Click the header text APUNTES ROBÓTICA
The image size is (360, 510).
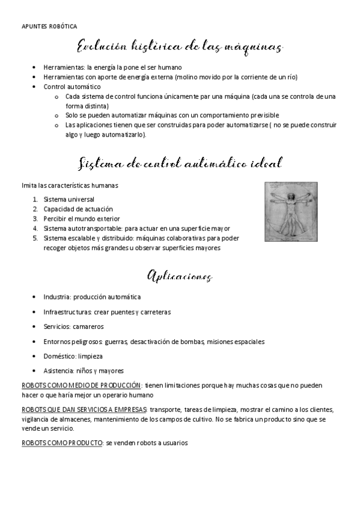point(49,26)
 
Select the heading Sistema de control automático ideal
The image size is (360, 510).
point(180,164)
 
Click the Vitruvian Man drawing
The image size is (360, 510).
point(293,212)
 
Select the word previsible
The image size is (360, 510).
point(263,115)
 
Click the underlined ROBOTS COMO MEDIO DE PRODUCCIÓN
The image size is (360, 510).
point(81,386)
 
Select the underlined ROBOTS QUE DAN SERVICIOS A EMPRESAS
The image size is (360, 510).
point(84,410)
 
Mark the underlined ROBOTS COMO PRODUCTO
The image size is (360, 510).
point(61,443)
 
